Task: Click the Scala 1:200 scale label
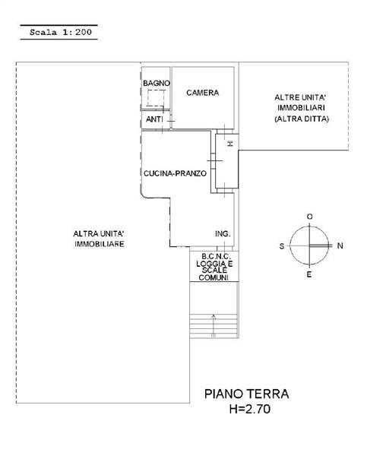coord(61,32)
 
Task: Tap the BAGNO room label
coord(157,83)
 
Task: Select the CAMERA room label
coord(203,93)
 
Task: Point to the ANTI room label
coord(154,119)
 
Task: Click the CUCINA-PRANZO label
coord(175,173)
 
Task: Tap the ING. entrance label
coord(223,234)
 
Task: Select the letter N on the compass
coord(340,245)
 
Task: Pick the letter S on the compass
coord(282,246)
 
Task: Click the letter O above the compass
coord(310,217)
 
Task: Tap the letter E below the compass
coord(309,274)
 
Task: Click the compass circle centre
coord(309,245)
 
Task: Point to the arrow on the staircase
coord(214,326)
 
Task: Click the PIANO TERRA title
coord(247,394)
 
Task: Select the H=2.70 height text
coord(250,409)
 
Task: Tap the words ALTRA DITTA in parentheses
coord(302,119)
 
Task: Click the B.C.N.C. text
coord(216,257)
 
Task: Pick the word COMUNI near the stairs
coord(214,277)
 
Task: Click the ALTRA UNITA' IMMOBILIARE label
coord(99,239)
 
